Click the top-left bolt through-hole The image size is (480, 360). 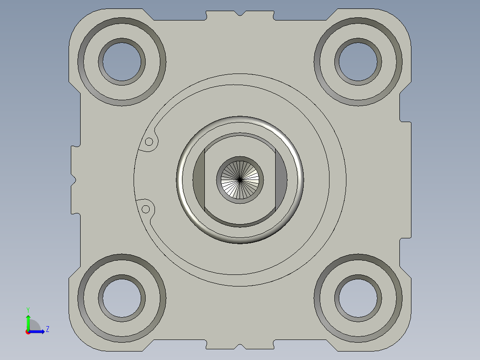[122, 61]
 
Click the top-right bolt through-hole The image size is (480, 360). [358, 61]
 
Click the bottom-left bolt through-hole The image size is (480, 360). [122, 298]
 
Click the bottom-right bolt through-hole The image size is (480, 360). [358, 298]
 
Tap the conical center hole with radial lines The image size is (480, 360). [240, 179]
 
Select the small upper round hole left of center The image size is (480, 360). [150, 142]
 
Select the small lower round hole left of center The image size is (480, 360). [145, 209]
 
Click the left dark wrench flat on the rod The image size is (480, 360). [199, 180]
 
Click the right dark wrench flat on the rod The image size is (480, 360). [281, 180]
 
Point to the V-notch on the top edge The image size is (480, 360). [240, 14]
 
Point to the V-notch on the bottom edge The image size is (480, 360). [240, 346]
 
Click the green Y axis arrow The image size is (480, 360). [28, 320]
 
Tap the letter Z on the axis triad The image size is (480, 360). [47, 329]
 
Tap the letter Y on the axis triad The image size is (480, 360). [28, 309]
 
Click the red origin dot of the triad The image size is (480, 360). [28, 332]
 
